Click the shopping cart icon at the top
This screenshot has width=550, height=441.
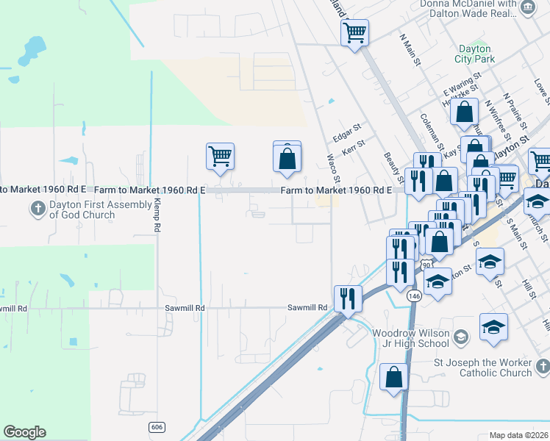[355, 32]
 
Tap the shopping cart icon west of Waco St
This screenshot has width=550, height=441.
[220, 157]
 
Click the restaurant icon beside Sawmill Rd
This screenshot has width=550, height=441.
[348, 298]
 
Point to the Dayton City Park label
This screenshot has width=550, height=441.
[474, 53]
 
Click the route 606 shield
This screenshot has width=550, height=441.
[155, 427]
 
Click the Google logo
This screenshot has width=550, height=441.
[24, 432]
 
